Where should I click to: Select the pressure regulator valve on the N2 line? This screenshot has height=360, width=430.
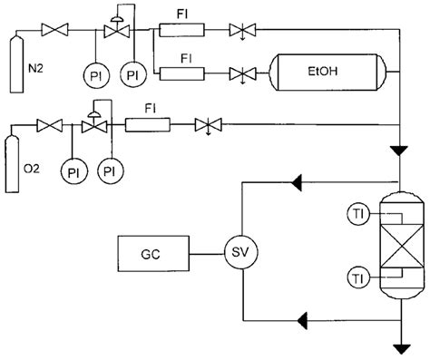tap(115, 32)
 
